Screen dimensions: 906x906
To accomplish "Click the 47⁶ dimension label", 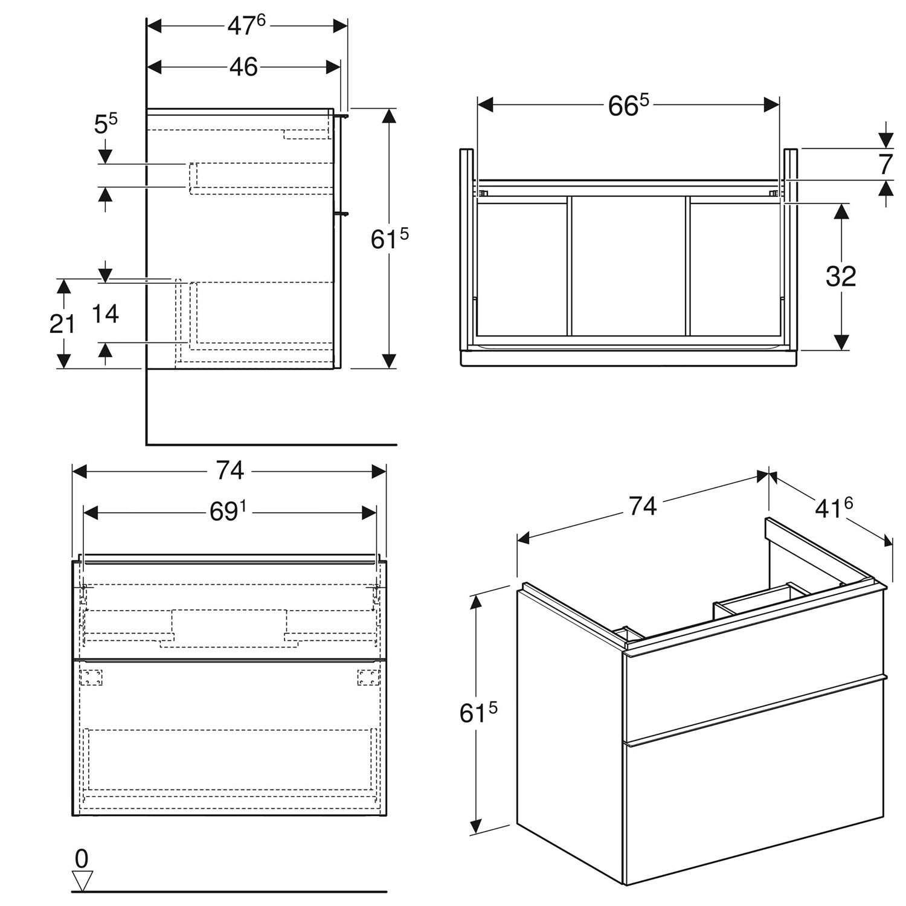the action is pos(246,25).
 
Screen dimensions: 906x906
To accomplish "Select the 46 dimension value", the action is pos(243,67).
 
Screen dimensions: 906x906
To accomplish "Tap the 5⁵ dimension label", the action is pos(106,124).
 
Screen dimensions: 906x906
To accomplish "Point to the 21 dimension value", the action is pos(62,324).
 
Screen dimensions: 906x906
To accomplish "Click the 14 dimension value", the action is pos(106,313).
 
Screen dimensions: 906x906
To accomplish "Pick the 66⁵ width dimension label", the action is pos(628,106).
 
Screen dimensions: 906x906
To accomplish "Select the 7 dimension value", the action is pos(885,164).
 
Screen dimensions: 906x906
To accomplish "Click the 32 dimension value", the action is pos(841,277).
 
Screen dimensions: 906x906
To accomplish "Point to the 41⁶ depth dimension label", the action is pos(834,509).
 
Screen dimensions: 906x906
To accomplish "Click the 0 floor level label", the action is pos(82,858).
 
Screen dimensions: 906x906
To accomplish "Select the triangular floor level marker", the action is pos(82,880).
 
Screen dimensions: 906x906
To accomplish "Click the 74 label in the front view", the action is pos(230,471).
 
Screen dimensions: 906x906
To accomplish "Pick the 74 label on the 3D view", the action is pos(642,506).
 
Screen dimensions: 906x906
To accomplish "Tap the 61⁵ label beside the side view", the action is pos(390,239).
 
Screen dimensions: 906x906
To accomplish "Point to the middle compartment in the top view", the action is pos(628,266).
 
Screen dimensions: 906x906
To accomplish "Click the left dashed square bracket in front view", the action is pos(92,677).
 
